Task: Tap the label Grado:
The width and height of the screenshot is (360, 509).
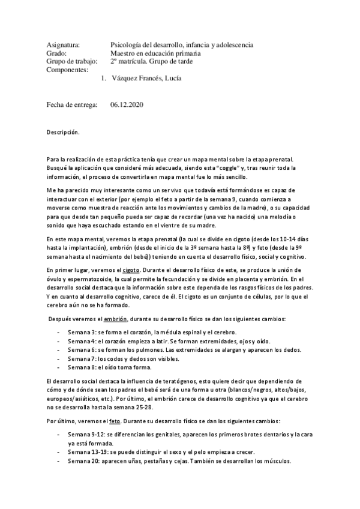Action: pyautogui.click(x=57, y=53)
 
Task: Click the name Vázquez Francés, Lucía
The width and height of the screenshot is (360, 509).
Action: pyautogui.click(x=147, y=78)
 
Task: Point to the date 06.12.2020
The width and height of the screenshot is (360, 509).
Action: pyautogui.click(x=127, y=104)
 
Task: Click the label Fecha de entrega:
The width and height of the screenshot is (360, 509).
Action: pyautogui.click(x=72, y=104)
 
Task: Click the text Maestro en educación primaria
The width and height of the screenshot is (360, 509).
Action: pyautogui.click(x=160, y=53)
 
